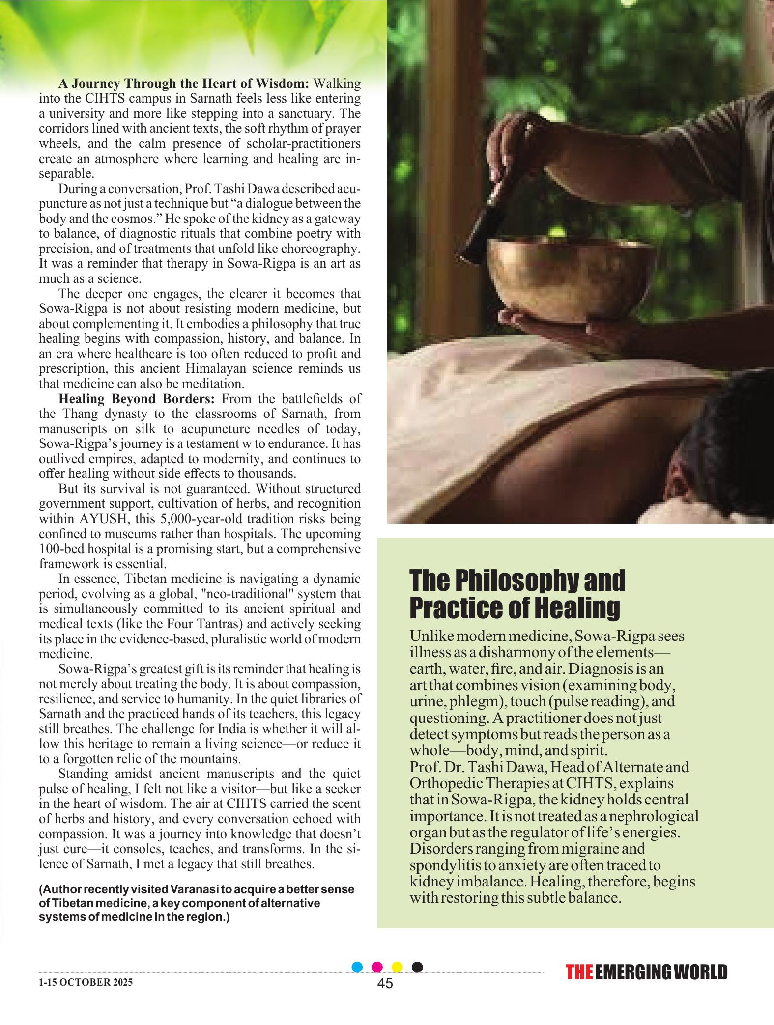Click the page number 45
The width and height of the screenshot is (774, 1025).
[x=385, y=983]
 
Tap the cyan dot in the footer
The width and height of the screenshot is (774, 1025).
[x=358, y=967]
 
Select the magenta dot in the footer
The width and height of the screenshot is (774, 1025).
[x=377, y=967]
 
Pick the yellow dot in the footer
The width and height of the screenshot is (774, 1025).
[x=397, y=967]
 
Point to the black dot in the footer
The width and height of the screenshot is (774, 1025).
[x=417, y=967]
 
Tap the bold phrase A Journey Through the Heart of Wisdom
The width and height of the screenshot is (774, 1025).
[x=183, y=83]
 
